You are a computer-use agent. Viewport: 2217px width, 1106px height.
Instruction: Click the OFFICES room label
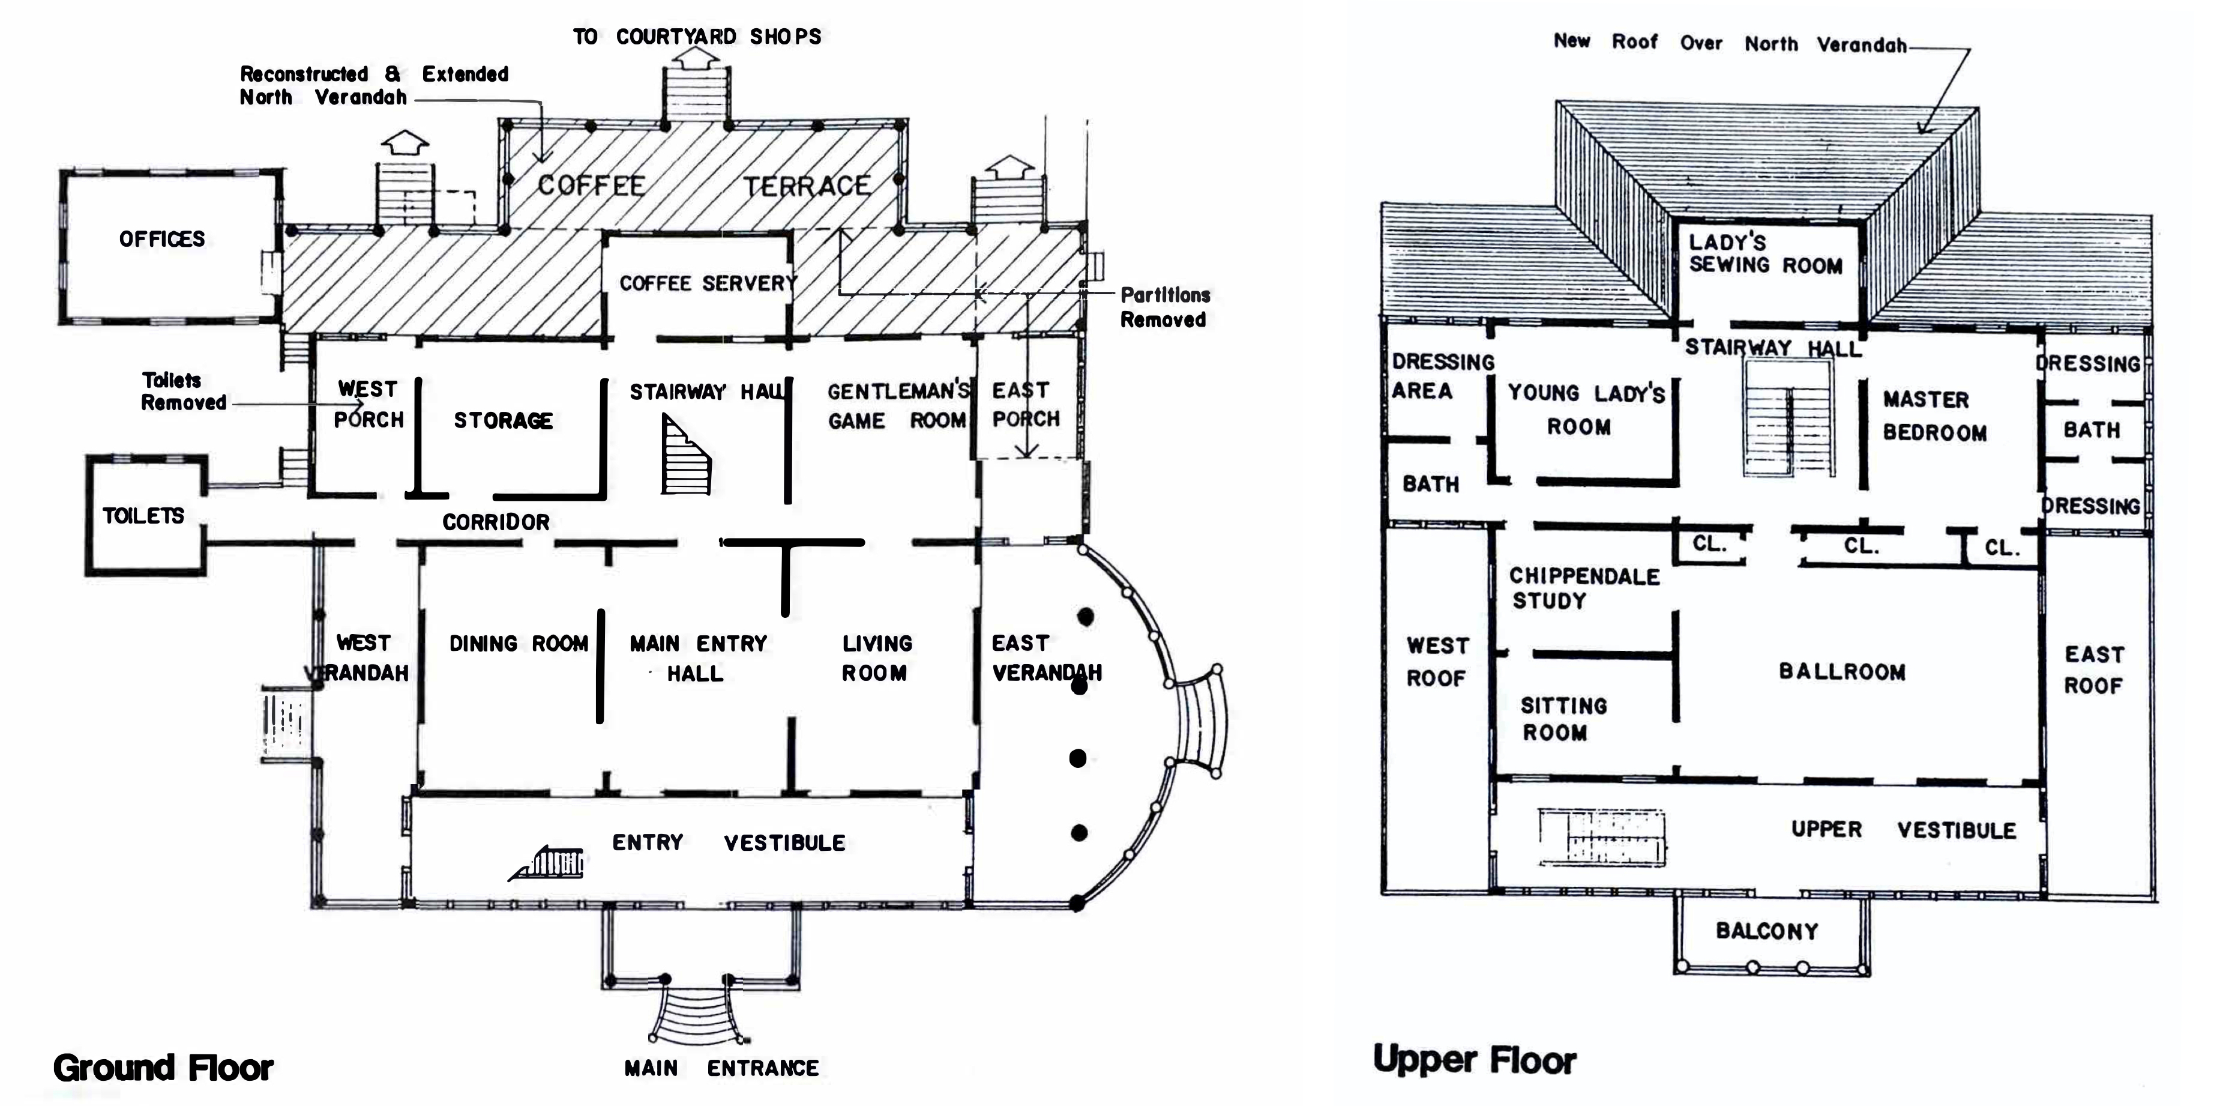[162, 240]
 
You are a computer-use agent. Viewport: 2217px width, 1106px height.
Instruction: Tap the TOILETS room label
[143, 516]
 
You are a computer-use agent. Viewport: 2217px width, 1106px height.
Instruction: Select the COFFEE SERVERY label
[708, 283]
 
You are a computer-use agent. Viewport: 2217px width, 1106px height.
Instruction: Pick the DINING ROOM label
[518, 644]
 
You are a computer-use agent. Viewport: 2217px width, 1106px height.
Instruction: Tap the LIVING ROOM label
[876, 659]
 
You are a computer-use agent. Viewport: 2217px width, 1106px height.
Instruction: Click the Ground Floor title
[163, 1068]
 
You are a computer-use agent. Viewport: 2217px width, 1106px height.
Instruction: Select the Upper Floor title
[1474, 1060]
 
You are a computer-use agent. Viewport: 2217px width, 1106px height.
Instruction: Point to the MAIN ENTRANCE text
[721, 1068]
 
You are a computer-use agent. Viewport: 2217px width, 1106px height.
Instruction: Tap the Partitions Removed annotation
[1164, 307]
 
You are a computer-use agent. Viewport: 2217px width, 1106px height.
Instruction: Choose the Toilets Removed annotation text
[183, 391]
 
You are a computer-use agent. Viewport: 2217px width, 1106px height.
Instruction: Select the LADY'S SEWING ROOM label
[1765, 254]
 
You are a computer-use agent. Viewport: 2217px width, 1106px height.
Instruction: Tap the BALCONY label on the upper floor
[1767, 931]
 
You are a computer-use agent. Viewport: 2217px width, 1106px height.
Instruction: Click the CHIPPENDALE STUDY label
[1584, 588]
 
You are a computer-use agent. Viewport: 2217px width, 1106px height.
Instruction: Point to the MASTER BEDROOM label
[1934, 416]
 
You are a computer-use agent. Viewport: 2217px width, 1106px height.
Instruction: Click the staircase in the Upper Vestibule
[1602, 836]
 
